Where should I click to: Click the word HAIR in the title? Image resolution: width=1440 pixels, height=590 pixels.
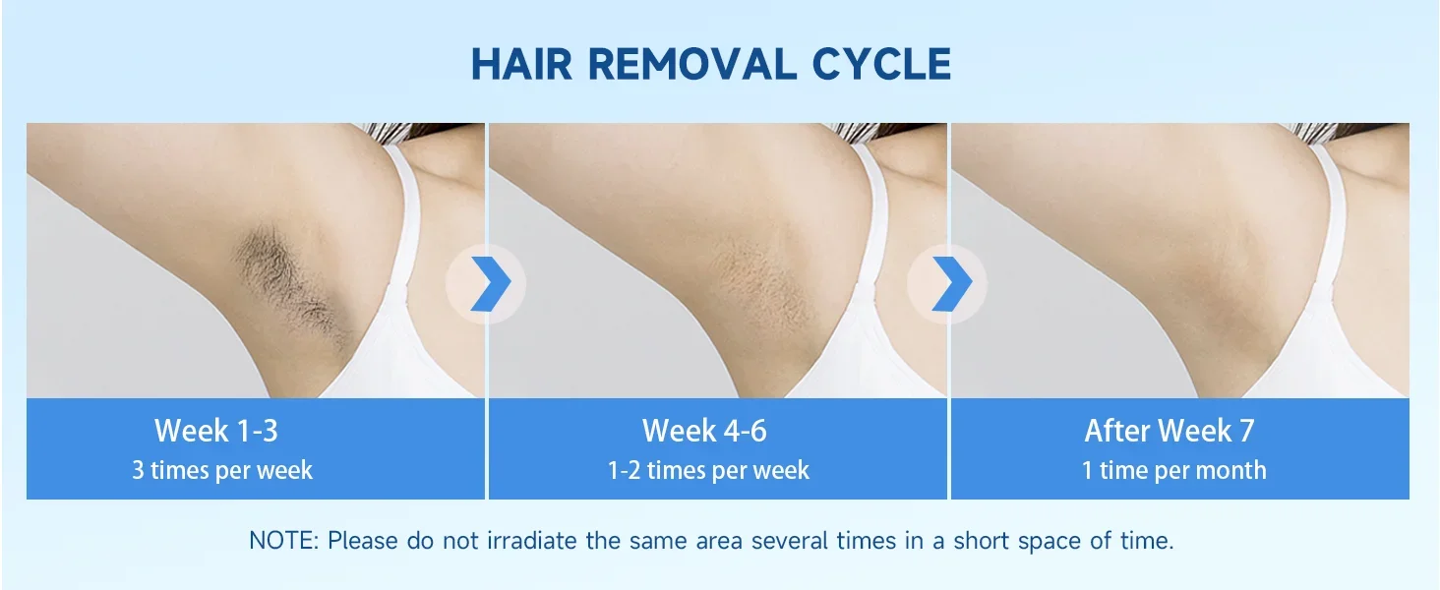(521, 64)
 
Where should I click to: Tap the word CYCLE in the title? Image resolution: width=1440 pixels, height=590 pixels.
(881, 64)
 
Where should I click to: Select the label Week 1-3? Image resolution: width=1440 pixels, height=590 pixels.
(216, 431)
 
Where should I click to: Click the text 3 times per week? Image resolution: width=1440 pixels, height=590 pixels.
(222, 470)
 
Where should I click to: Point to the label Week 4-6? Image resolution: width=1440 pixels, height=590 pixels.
(704, 431)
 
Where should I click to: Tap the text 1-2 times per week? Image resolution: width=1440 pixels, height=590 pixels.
(708, 470)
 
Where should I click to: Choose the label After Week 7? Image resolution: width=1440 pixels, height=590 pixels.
(1170, 431)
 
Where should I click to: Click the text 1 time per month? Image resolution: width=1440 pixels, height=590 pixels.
(1173, 470)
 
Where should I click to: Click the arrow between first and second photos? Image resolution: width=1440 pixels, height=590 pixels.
(492, 283)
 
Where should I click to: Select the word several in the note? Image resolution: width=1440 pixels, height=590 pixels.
(790, 541)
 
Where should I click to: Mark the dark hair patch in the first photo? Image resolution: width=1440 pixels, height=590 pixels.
(289, 283)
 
